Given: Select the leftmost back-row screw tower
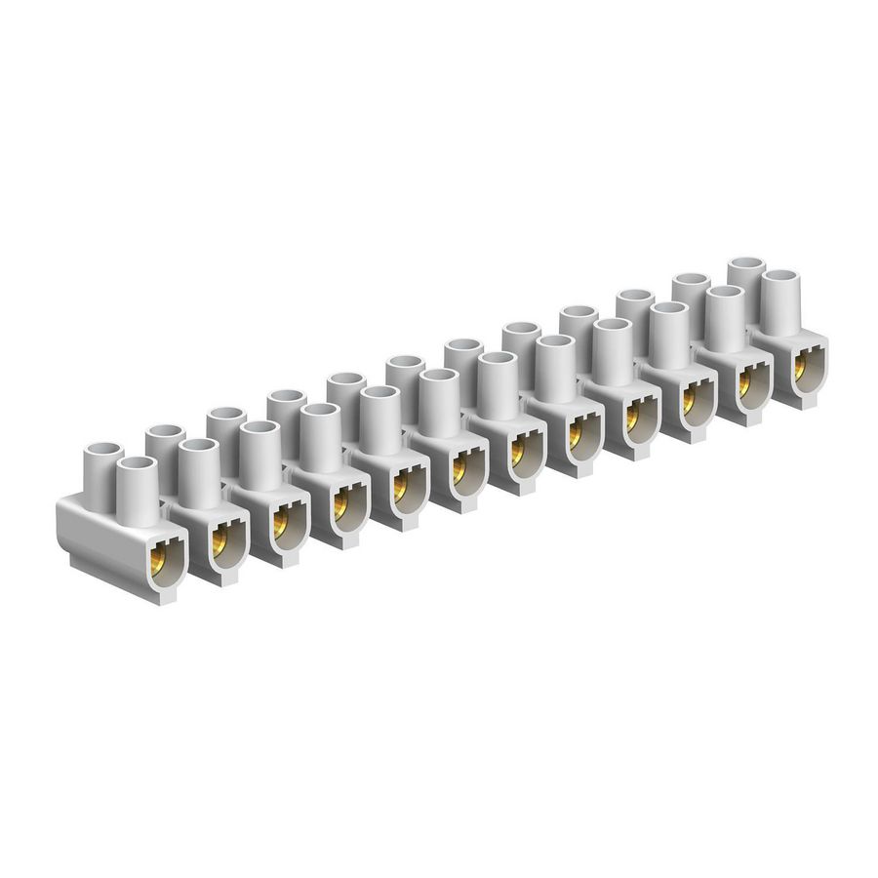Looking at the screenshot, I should [x=100, y=463].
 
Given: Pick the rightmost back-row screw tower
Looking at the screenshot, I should [x=745, y=275].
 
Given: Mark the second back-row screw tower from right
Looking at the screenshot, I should [x=691, y=293].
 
